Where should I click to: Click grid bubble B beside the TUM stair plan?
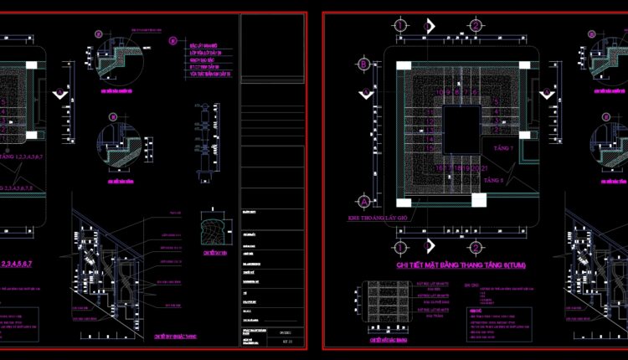[363, 64]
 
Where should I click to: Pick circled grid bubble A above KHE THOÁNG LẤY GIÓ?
[363, 202]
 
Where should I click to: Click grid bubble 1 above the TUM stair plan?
[401, 25]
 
